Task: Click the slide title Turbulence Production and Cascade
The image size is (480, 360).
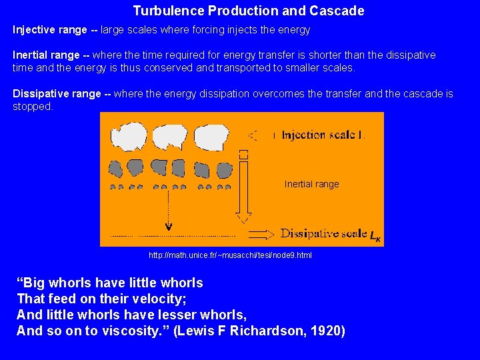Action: (x=249, y=11)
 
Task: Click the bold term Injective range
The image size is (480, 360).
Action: (x=50, y=30)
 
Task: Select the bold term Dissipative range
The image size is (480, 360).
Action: (x=57, y=94)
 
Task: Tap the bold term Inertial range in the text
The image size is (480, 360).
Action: (x=47, y=55)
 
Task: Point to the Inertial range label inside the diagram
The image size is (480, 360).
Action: (x=311, y=184)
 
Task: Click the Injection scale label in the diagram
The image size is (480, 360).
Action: (x=323, y=135)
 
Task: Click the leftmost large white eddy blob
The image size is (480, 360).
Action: (x=125, y=137)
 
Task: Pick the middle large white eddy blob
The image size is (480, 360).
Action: (x=168, y=137)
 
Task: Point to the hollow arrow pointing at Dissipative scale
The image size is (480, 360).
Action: (x=261, y=235)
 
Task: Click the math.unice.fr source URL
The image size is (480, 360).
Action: (x=230, y=255)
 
